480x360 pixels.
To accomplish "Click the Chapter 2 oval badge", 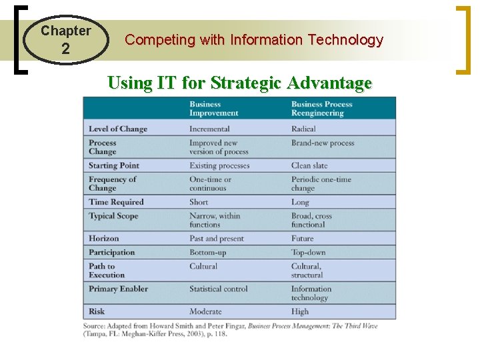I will [x=65, y=40].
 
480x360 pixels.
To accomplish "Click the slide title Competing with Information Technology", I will [x=254, y=40].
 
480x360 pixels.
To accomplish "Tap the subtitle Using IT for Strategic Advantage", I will [x=239, y=83].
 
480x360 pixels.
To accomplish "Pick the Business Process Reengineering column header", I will [x=321, y=108].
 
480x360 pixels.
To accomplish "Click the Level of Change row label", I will [x=118, y=129].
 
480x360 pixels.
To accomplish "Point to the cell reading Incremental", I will [x=209, y=129].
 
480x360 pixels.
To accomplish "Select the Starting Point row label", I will [x=114, y=165].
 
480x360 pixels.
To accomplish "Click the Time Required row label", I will [x=116, y=202].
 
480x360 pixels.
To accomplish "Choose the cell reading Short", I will [x=199, y=202].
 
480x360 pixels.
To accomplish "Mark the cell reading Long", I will [x=301, y=202].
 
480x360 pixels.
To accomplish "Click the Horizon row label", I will [x=104, y=238].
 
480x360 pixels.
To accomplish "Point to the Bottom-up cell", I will [x=209, y=252].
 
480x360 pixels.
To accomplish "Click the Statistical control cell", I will [x=218, y=289].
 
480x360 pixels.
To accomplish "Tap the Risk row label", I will [x=97, y=311].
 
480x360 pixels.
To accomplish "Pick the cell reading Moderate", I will [x=206, y=311].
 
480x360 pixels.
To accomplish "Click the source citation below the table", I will [x=239, y=329].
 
